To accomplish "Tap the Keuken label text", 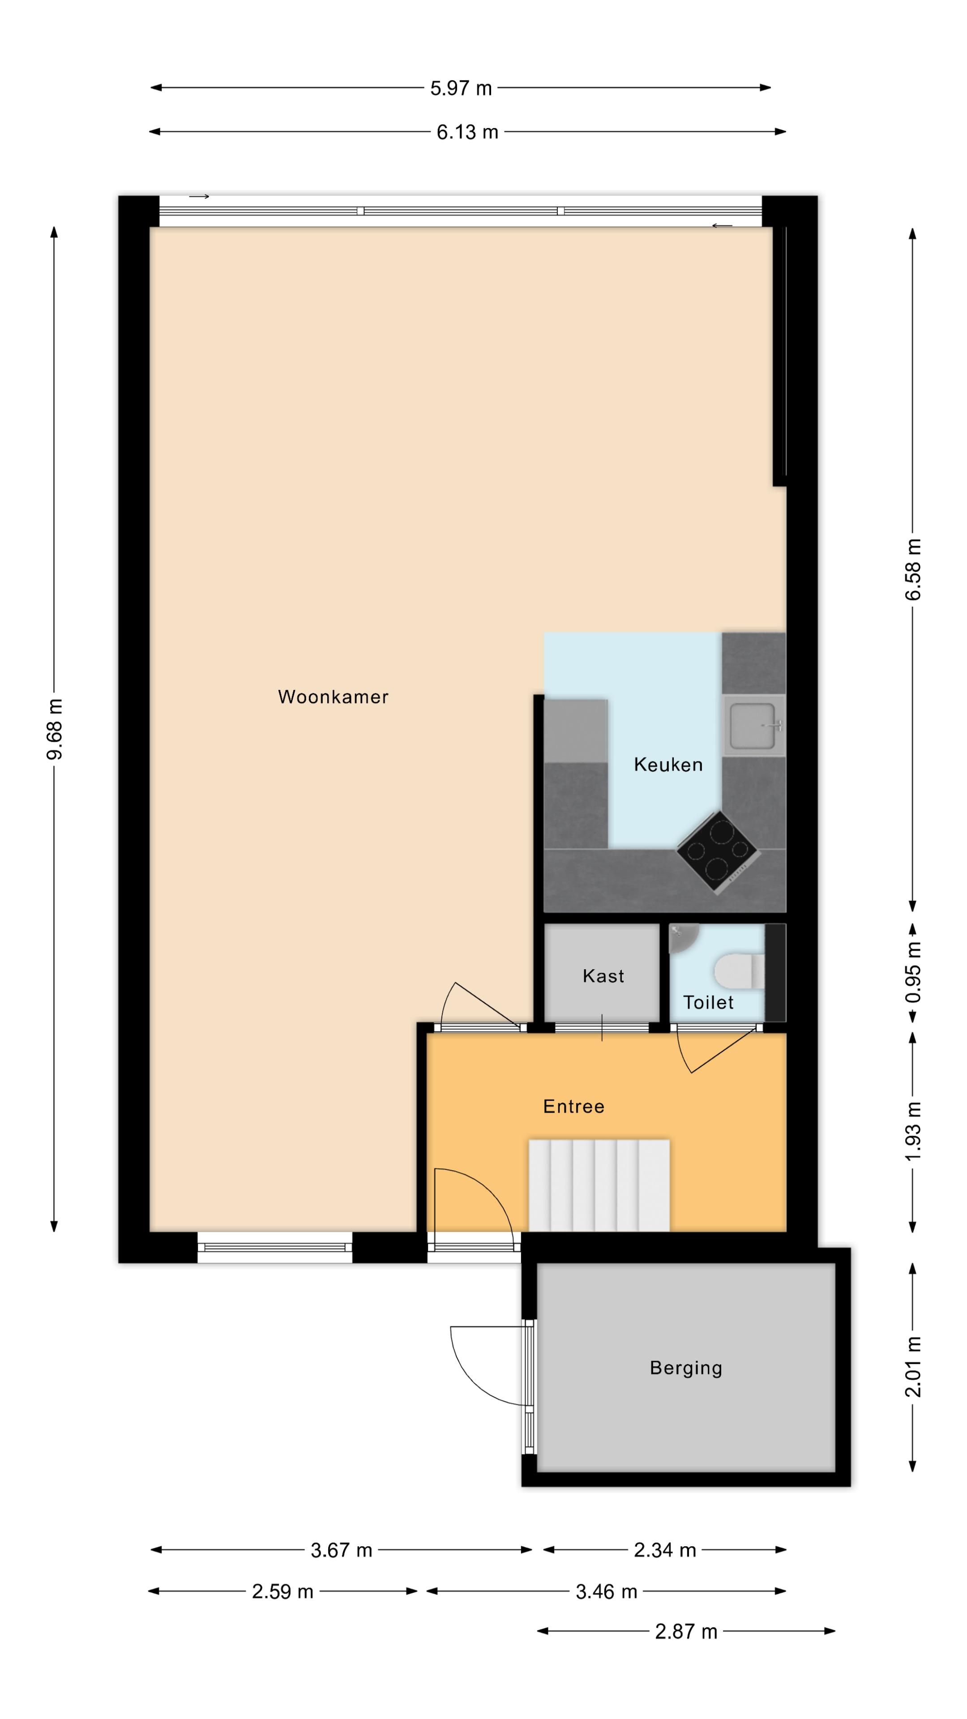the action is tap(668, 765).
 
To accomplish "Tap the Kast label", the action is tap(603, 976).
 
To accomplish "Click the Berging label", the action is tap(686, 1368).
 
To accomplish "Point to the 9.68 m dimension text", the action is tap(55, 729).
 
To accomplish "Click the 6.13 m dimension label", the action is tap(467, 132).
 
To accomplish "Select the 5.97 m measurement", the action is tap(461, 88).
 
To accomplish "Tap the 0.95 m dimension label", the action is tap(913, 972).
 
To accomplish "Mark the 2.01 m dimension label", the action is tap(913, 1367).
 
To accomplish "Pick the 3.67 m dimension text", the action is tap(341, 1550).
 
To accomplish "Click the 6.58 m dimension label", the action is tap(913, 569).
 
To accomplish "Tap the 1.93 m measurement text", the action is tap(913, 1131).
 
